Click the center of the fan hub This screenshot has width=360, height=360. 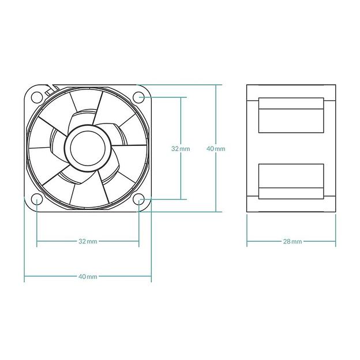click(88, 148)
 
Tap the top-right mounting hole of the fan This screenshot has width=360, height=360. click(138, 96)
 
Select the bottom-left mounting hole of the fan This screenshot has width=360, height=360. click(36, 200)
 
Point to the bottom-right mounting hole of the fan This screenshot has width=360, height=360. click(139, 200)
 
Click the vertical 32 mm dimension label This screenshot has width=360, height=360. click(181, 148)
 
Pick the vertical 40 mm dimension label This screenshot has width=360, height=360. click(216, 148)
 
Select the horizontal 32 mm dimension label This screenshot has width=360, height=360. click(88, 241)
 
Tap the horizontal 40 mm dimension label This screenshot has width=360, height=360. click(88, 276)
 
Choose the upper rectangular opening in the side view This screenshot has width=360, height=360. click(289, 115)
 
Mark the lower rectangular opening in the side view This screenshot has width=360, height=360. click(289, 181)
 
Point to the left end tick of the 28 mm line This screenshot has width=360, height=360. click(247, 241)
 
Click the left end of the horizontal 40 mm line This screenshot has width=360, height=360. click(24, 276)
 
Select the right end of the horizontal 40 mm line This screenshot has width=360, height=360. click(151, 276)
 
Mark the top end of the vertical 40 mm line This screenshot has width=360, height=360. click(216, 85)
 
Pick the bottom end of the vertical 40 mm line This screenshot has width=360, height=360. click(216, 212)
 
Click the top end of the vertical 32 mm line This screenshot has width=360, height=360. click(181, 96)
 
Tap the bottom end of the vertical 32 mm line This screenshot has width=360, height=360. click(181, 200)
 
